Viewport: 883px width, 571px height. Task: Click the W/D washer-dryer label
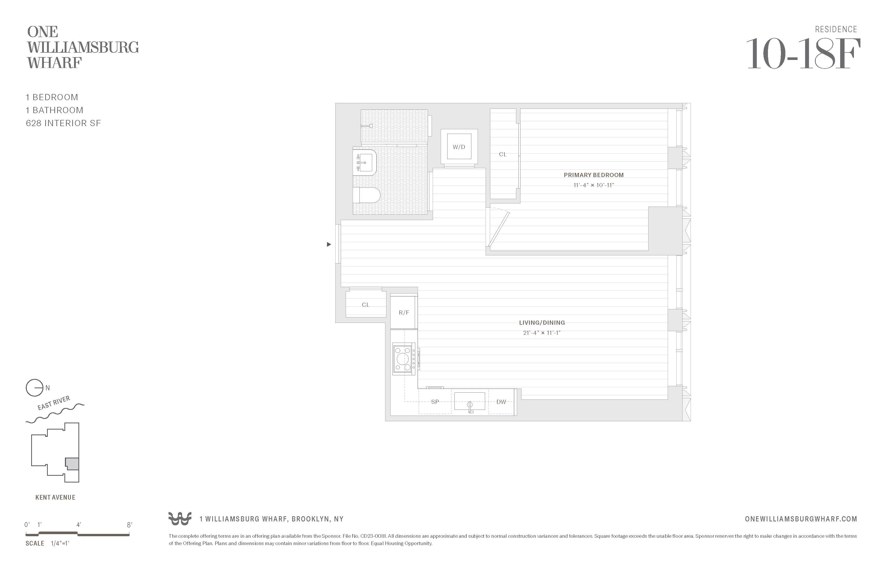click(x=459, y=147)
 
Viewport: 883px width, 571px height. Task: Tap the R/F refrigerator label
click(x=404, y=312)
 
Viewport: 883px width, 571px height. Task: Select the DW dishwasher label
click(x=501, y=402)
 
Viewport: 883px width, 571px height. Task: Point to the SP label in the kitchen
click(x=435, y=402)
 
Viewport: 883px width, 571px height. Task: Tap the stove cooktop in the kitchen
click(x=403, y=358)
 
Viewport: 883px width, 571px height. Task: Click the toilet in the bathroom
click(x=366, y=195)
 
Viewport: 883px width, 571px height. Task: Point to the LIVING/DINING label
click(x=542, y=323)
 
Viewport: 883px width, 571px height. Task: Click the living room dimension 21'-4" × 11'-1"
click(x=542, y=333)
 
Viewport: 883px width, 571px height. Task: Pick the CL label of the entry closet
click(x=365, y=305)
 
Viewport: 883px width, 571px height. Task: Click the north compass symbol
click(x=34, y=388)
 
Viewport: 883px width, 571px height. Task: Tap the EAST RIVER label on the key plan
click(x=54, y=403)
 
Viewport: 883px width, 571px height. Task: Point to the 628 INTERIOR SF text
click(x=63, y=123)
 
